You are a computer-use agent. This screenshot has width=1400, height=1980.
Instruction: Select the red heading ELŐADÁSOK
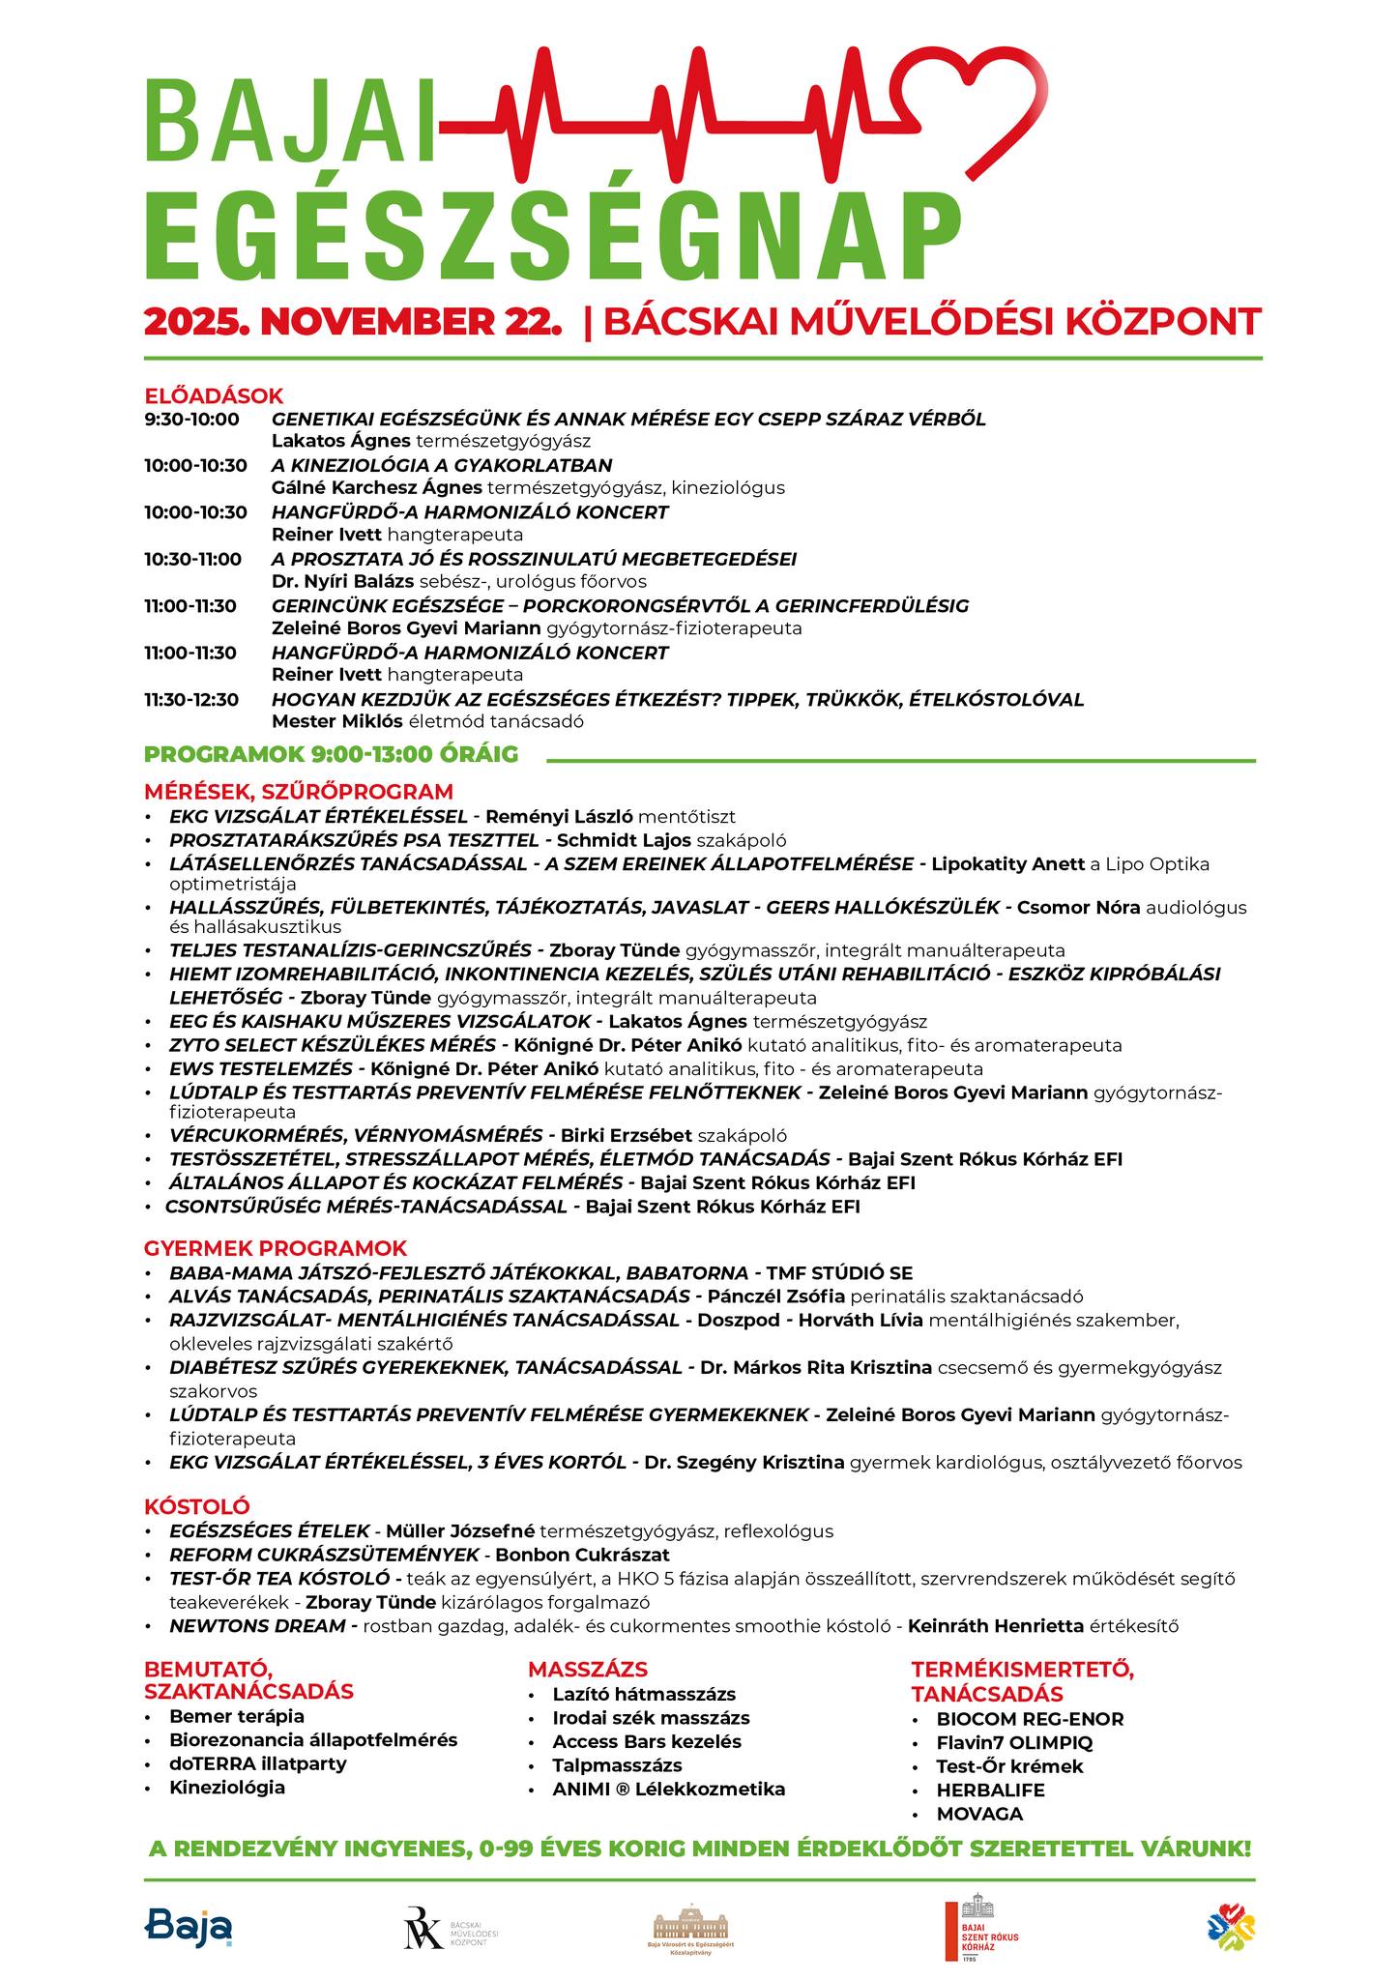(214, 395)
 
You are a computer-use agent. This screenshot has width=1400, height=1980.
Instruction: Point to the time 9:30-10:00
(191, 419)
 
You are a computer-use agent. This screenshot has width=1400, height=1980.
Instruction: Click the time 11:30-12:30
(191, 699)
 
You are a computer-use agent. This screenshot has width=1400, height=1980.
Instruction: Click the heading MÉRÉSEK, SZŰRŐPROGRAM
(299, 791)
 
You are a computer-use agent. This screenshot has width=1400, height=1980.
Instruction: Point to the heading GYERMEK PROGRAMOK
(276, 1247)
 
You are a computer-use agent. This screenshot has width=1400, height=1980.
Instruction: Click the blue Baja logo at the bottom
(190, 1926)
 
